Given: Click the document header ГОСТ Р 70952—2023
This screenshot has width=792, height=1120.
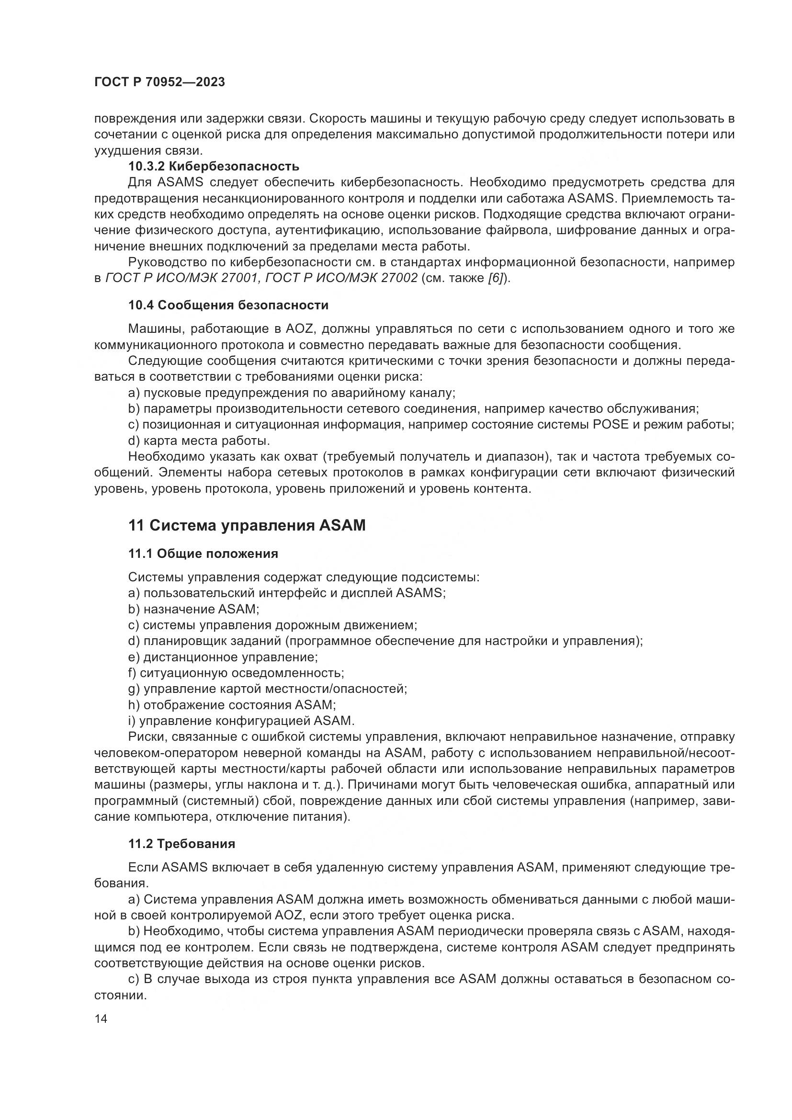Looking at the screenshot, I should coord(159,82).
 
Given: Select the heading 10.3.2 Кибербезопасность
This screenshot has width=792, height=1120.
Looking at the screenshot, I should coord(214,166).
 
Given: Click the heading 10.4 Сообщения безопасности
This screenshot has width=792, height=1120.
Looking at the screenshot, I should coord(228,305).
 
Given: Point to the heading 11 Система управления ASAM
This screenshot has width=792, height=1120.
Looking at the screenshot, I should coord(247,526).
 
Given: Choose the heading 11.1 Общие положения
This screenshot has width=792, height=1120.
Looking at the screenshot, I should coord(203,554).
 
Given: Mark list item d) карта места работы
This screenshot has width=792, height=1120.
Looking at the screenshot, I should coord(199,441).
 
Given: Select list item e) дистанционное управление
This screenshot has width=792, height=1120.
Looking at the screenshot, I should coord(223,657).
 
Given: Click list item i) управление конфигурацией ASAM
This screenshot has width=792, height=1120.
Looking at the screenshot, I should coord(241,721).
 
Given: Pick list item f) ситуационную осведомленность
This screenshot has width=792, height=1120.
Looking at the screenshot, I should coord(236,673).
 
